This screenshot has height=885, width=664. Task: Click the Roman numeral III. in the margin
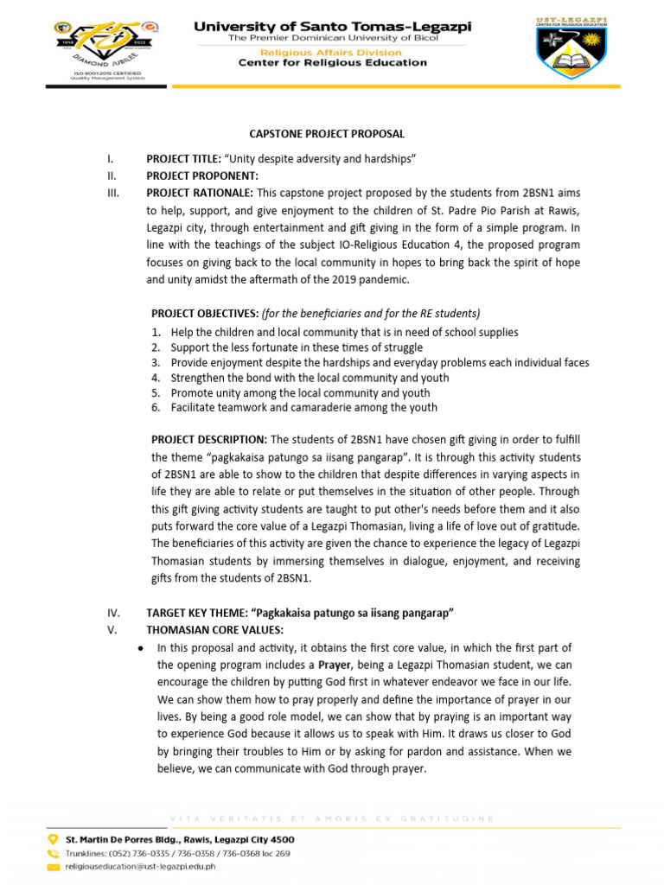click(x=112, y=193)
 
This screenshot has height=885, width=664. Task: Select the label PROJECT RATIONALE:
click(x=200, y=193)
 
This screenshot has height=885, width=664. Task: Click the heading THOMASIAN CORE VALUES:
click(x=214, y=629)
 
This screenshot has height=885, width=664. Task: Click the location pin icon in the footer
click(x=54, y=839)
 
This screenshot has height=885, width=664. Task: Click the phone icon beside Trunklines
click(x=54, y=852)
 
